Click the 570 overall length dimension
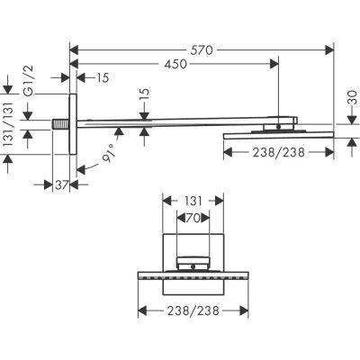click(201, 50)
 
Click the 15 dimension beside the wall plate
click(99, 79)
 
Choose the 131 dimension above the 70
click(193, 203)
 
